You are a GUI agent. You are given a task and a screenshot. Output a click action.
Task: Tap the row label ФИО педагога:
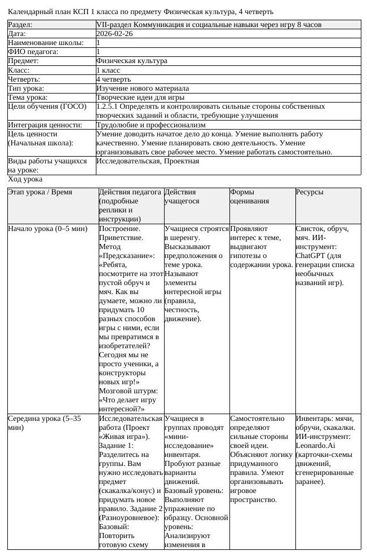click(x=33, y=52)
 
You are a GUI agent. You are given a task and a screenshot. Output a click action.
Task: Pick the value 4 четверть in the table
click(x=113, y=79)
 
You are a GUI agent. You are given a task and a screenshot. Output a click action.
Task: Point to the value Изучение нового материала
click(x=142, y=88)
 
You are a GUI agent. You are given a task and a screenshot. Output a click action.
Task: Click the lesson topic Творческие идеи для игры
click(x=140, y=97)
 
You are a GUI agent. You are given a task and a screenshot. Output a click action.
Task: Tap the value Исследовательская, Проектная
click(x=147, y=161)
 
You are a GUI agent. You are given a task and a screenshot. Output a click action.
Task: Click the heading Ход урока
click(x=25, y=179)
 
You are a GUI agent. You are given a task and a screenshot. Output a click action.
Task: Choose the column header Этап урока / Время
click(x=40, y=192)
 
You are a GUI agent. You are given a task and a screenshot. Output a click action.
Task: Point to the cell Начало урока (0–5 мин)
click(x=48, y=229)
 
